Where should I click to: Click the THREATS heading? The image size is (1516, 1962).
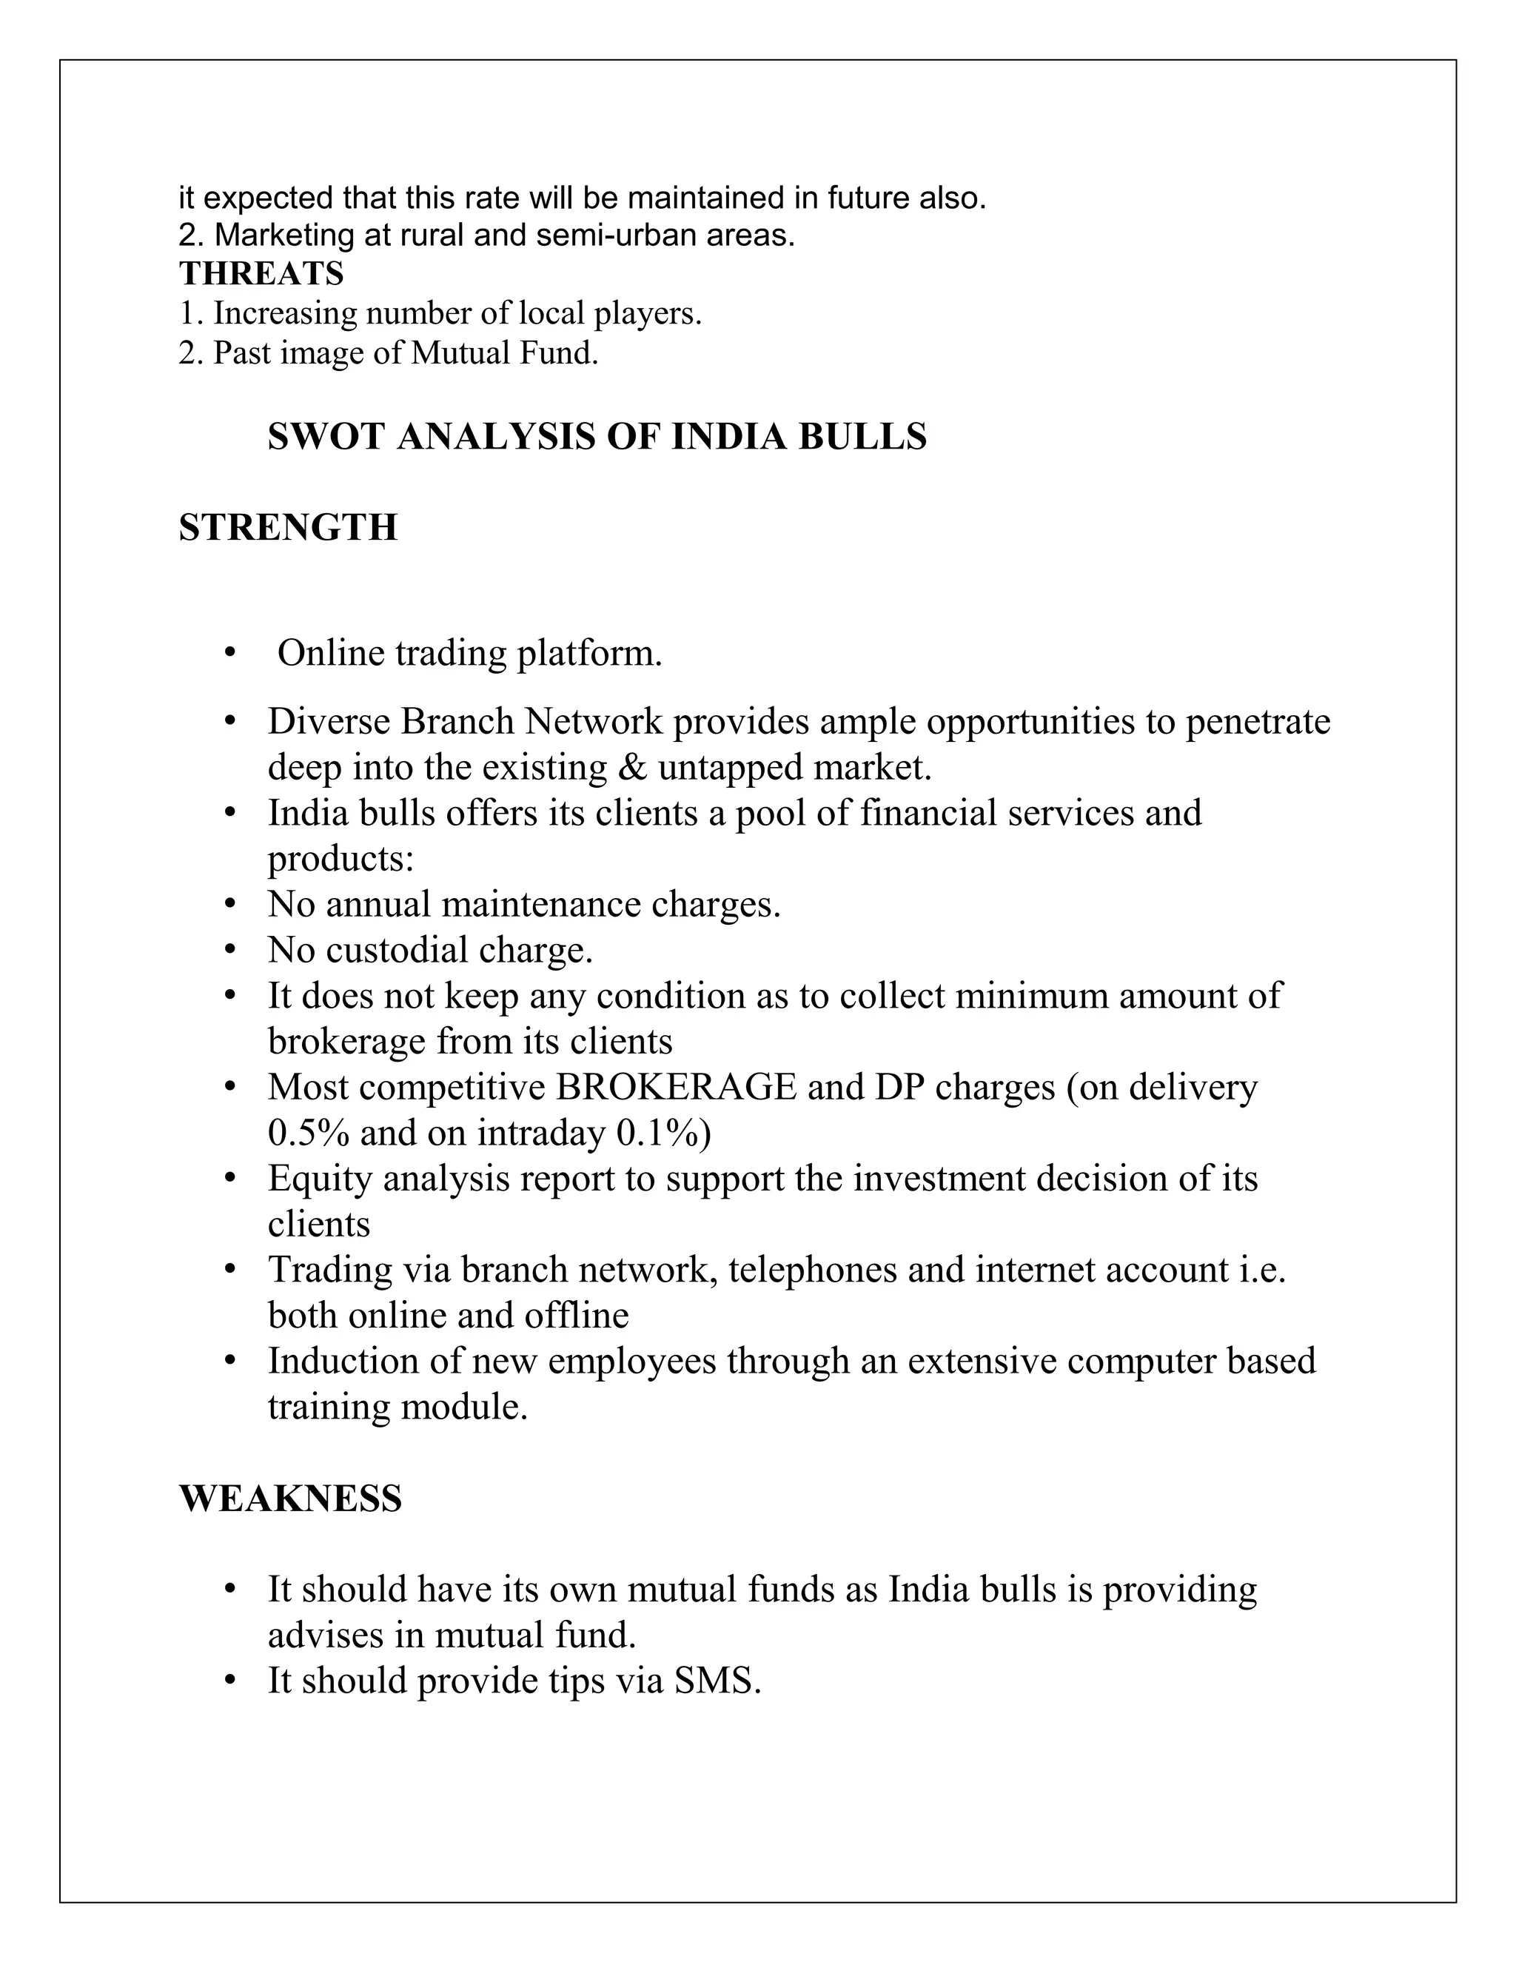[x=261, y=273]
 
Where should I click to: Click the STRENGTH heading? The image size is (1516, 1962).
[x=287, y=527]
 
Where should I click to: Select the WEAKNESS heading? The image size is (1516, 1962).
[x=290, y=1499]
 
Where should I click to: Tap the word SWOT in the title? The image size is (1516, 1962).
[x=326, y=438]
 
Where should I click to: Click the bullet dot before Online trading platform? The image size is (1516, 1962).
[x=231, y=653]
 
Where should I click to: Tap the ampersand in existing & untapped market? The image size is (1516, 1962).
[x=632, y=768]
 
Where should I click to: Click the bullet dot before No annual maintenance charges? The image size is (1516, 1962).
[x=231, y=905]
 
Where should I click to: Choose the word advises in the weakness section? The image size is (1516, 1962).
[x=325, y=1635]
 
